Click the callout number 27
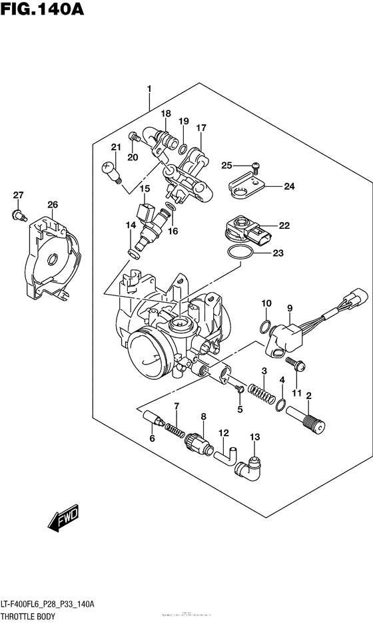(x=18, y=195)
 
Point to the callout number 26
(x=52, y=204)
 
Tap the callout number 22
(x=284, y=226)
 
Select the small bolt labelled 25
(x=254, y=166)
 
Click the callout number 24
(x=288, y=186)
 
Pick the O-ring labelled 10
(x=264, y=327)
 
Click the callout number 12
(x=224, y=433)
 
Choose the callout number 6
(x=152, y=438)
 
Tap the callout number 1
(x=149, y=88)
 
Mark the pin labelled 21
(x=111, y=172)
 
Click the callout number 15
(x=145, y=189)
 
